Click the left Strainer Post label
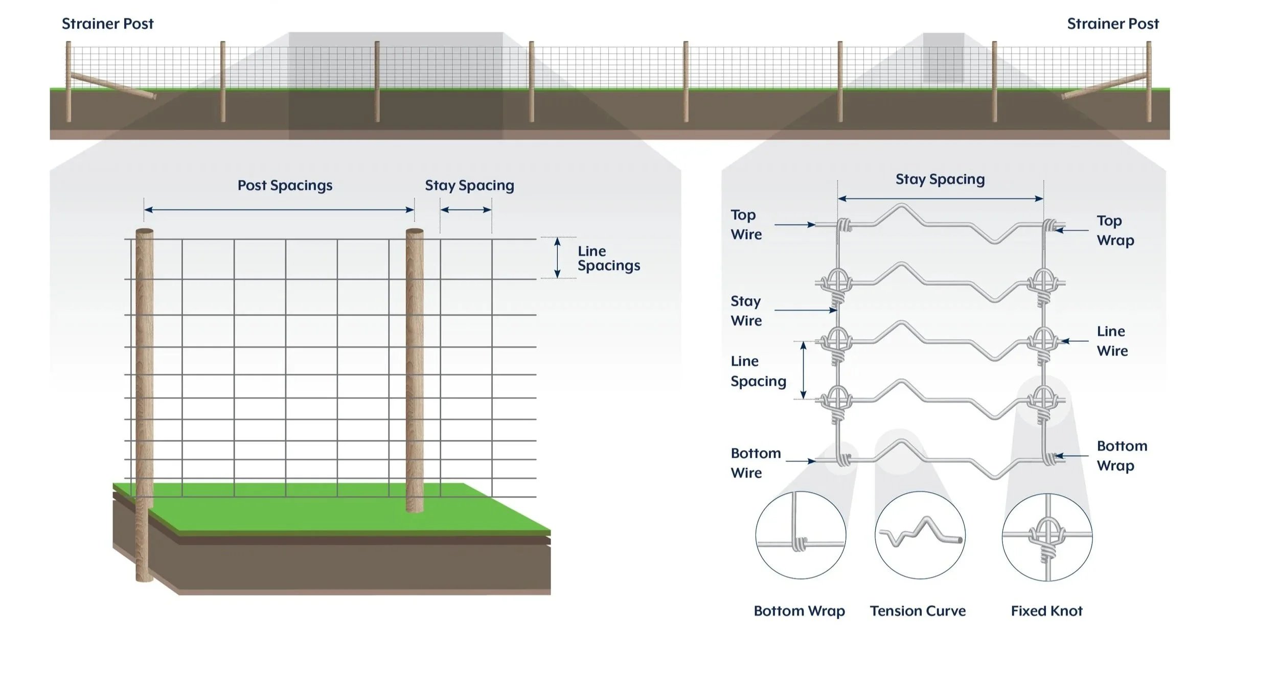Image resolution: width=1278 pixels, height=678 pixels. point(107,24)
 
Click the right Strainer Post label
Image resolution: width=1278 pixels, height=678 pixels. point(1112,24)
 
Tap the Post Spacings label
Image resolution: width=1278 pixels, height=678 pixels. point(285,185)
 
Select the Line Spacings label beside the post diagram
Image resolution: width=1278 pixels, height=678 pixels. point(608,259)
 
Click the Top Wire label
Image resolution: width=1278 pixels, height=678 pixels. point(746,225)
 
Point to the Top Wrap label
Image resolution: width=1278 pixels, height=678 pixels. point(1115,230)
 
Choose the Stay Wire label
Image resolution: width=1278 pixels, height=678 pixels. point(746,311)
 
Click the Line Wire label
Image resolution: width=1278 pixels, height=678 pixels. point(1112,341)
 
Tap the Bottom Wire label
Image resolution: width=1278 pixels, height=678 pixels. point(755,463)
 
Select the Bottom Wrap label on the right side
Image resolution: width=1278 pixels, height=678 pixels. point(1122,456)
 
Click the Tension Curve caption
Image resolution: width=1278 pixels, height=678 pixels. point(918,611)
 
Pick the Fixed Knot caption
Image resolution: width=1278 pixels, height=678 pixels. point(1046,611)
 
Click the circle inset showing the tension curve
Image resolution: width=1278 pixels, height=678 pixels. point(920,535)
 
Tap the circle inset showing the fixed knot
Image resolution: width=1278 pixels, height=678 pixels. point(1047,536)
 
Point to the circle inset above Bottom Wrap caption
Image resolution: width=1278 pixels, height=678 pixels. point(801,535)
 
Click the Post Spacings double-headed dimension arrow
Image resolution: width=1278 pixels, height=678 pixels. point(279,209)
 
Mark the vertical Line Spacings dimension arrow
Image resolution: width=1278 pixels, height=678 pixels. point(557,258)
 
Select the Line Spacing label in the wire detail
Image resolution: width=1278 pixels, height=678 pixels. point(758,371)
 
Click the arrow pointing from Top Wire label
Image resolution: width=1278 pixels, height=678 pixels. point(794,225)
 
